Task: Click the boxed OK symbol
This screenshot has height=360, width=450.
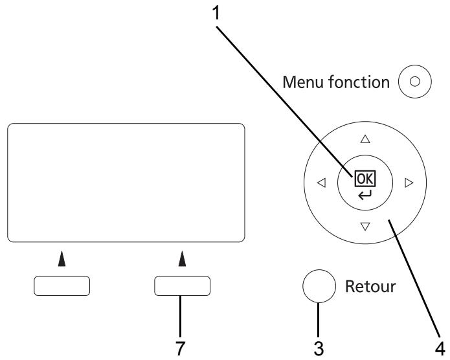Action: (x=365, y=179)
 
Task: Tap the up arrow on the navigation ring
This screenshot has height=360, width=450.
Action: (x=365, y=139)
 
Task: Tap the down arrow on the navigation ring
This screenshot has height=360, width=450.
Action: (x=365, y=227)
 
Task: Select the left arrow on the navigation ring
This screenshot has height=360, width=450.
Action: (x=321, y=183)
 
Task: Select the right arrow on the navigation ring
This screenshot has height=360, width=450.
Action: (x=409, y=183)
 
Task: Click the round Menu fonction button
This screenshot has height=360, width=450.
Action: (x=414, y=82)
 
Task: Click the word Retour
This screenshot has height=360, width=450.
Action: (x=370, y=286)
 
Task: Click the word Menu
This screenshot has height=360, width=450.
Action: (x=304, y=82)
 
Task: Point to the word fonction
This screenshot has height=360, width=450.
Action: (x=359, y=82)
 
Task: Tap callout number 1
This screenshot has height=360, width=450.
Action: (x=216, y=14)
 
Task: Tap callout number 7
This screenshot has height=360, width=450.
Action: (x=180, y=348)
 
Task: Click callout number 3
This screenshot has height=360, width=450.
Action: (x=319, y=348)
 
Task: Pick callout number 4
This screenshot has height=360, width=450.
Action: (x=440, y=348)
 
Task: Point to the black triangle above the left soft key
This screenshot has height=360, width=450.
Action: (x=62, y=259)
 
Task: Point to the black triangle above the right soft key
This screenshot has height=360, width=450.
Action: (x=182, y=259)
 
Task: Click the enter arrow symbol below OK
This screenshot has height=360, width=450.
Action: (x=365, y=195)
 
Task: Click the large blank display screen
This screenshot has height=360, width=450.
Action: (x=126, y=183)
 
